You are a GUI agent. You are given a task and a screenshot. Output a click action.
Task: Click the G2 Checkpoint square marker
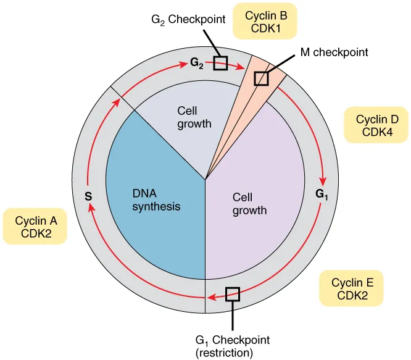pyautogui.click(x=220, y=63)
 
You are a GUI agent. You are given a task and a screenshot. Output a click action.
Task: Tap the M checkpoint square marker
pyautogui.click(x=262, y=78)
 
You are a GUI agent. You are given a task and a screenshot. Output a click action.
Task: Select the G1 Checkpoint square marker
pyautogui.click(x=232, y=295)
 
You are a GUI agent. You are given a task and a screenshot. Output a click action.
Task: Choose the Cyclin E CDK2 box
pyautogui.click(x=352, y=289)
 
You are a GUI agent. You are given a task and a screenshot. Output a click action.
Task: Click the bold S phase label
pyautogui.click(x=88, y=197)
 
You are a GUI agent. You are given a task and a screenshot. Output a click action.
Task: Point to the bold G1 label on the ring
pyautogui.click(x=322, y=194)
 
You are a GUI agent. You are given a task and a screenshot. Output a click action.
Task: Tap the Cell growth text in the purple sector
pyautogui.click(x=249, y=204)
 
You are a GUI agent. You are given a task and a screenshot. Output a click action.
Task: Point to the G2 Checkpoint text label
pyautogui.click(x=180, y=20)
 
